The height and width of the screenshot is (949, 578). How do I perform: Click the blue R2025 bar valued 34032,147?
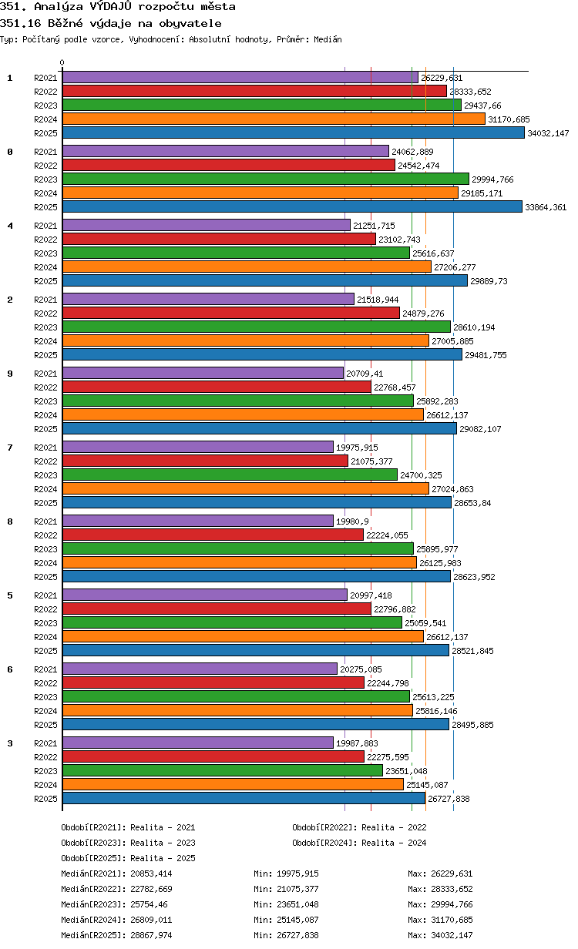[293, 133]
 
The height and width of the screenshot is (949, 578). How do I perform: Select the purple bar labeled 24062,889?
[226, 151]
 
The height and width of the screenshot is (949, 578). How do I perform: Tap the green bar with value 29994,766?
[266, 179]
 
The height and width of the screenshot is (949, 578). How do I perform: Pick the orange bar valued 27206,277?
[247, 267]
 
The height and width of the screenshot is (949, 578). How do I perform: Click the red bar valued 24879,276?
[231, 313]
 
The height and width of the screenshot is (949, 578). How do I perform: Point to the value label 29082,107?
[480, 429]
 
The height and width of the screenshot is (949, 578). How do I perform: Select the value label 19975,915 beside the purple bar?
[357, 448]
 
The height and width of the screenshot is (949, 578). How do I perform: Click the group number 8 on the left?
[10, 521]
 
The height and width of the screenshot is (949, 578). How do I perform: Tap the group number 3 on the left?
[10, 743]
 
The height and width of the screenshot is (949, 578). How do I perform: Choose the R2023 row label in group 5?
[45, 623]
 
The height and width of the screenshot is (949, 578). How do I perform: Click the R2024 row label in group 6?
[45, 711]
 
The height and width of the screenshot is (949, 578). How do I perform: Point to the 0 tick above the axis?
[62, 62]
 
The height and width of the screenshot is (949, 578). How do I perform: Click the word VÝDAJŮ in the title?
[110, 6]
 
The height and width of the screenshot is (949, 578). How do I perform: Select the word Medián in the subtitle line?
[328, 39]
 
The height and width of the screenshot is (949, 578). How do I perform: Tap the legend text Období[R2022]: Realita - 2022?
[359, 827]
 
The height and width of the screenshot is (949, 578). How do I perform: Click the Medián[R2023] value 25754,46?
[149, 904]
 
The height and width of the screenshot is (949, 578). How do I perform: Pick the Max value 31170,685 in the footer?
[452, 920]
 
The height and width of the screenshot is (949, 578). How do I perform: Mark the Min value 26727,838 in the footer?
[297, 935]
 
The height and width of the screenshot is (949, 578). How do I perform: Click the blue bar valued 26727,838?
[244, 799]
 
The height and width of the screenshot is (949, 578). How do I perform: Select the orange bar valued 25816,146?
[237, 710]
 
